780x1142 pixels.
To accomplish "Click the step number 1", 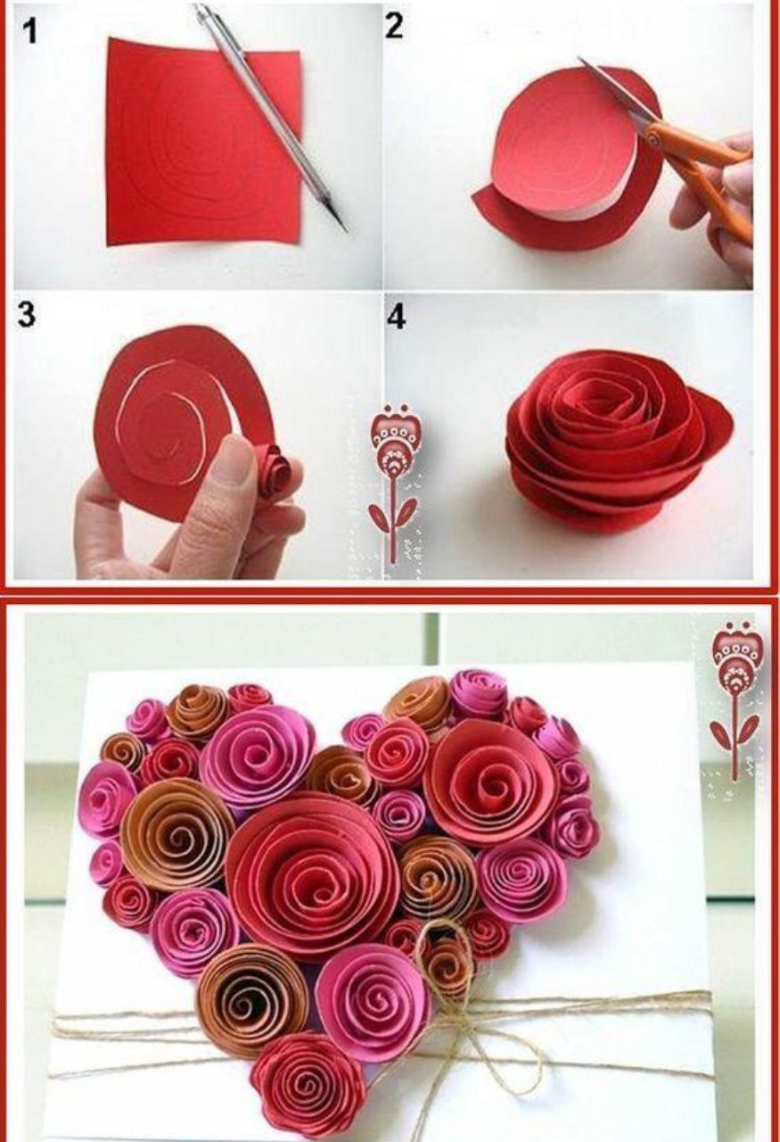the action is pyautogui.click(x=30, y=31).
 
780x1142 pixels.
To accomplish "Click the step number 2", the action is pyautogui.click(x=395, y=26).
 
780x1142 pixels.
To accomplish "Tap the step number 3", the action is pyautogui.click(x=27, y=315).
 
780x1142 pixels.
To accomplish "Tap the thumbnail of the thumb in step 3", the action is pyautogui.click(x=240, y=448).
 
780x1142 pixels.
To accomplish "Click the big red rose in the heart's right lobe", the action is pyautogui.click(x=489, y=780).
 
